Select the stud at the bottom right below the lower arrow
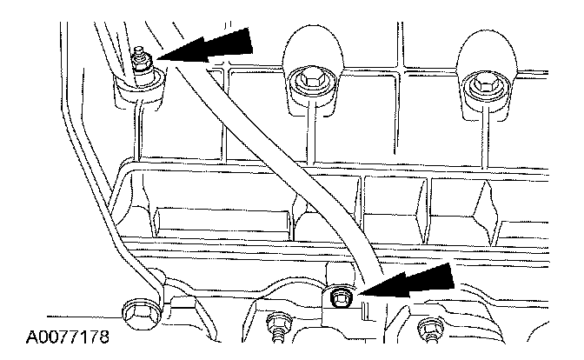pos(427,328)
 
